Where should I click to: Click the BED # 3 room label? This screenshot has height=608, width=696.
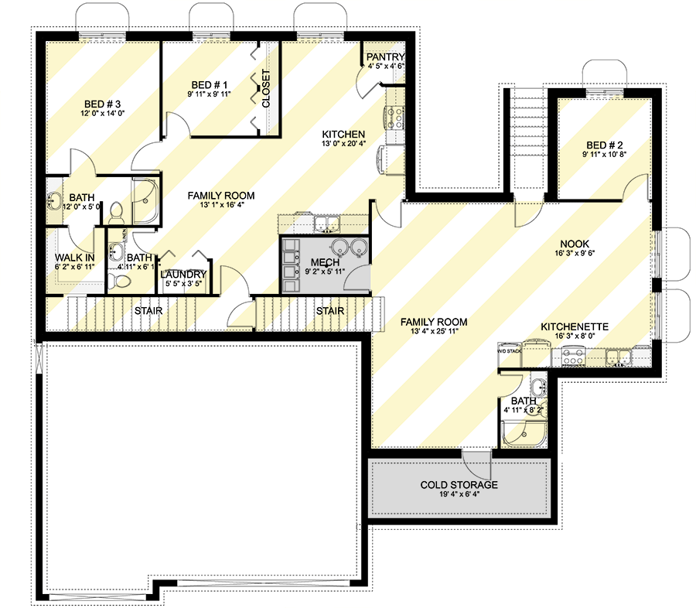pos(103,103)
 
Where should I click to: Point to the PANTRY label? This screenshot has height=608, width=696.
pos(385,57)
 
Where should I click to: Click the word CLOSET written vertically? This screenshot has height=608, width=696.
pos(266,89)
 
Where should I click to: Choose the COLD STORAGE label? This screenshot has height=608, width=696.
pos(459,485)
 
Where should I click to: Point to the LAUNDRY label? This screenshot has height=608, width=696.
pos(183,275)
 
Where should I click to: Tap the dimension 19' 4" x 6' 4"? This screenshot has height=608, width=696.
pos(459,495)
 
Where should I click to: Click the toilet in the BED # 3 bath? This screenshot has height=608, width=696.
pos(117,210)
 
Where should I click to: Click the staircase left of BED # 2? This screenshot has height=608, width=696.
pos(528,139)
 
